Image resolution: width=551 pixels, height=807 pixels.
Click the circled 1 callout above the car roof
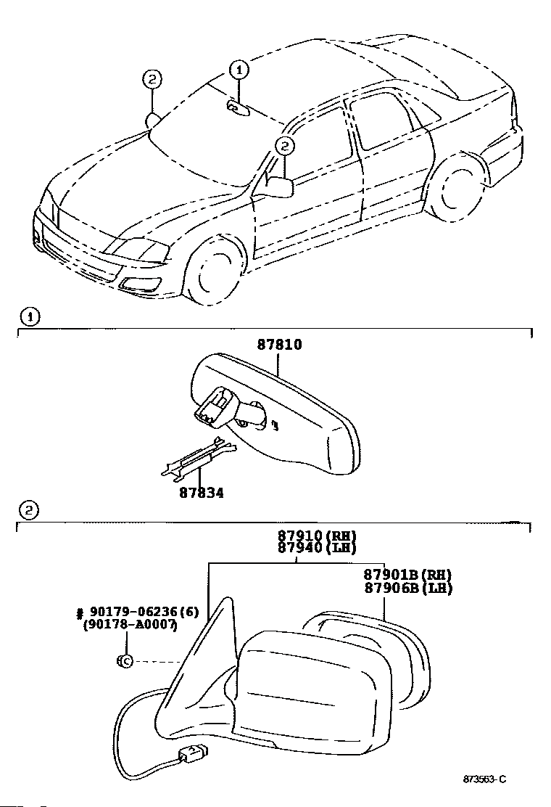[x=239, y=70]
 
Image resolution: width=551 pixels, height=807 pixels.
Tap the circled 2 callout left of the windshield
[x=152, y=79]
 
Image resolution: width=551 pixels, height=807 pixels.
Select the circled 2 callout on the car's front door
[x=285, y=147]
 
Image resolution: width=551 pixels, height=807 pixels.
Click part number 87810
[x=279, y=345]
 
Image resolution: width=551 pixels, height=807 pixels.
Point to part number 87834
[x=202, y=493]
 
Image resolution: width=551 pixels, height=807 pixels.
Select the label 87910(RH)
[x=317, y=536]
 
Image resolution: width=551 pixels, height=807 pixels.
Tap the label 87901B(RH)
[x=407, y=575]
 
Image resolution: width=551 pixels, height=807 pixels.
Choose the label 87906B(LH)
[x=407, y=588]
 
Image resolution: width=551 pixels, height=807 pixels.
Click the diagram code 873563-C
[x=484, y=779]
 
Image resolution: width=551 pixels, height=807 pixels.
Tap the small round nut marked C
[x=124, y=661]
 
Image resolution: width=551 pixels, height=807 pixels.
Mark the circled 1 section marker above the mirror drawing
[x=29, y=316]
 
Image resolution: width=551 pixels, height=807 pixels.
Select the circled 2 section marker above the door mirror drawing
[x=28, y=510]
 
